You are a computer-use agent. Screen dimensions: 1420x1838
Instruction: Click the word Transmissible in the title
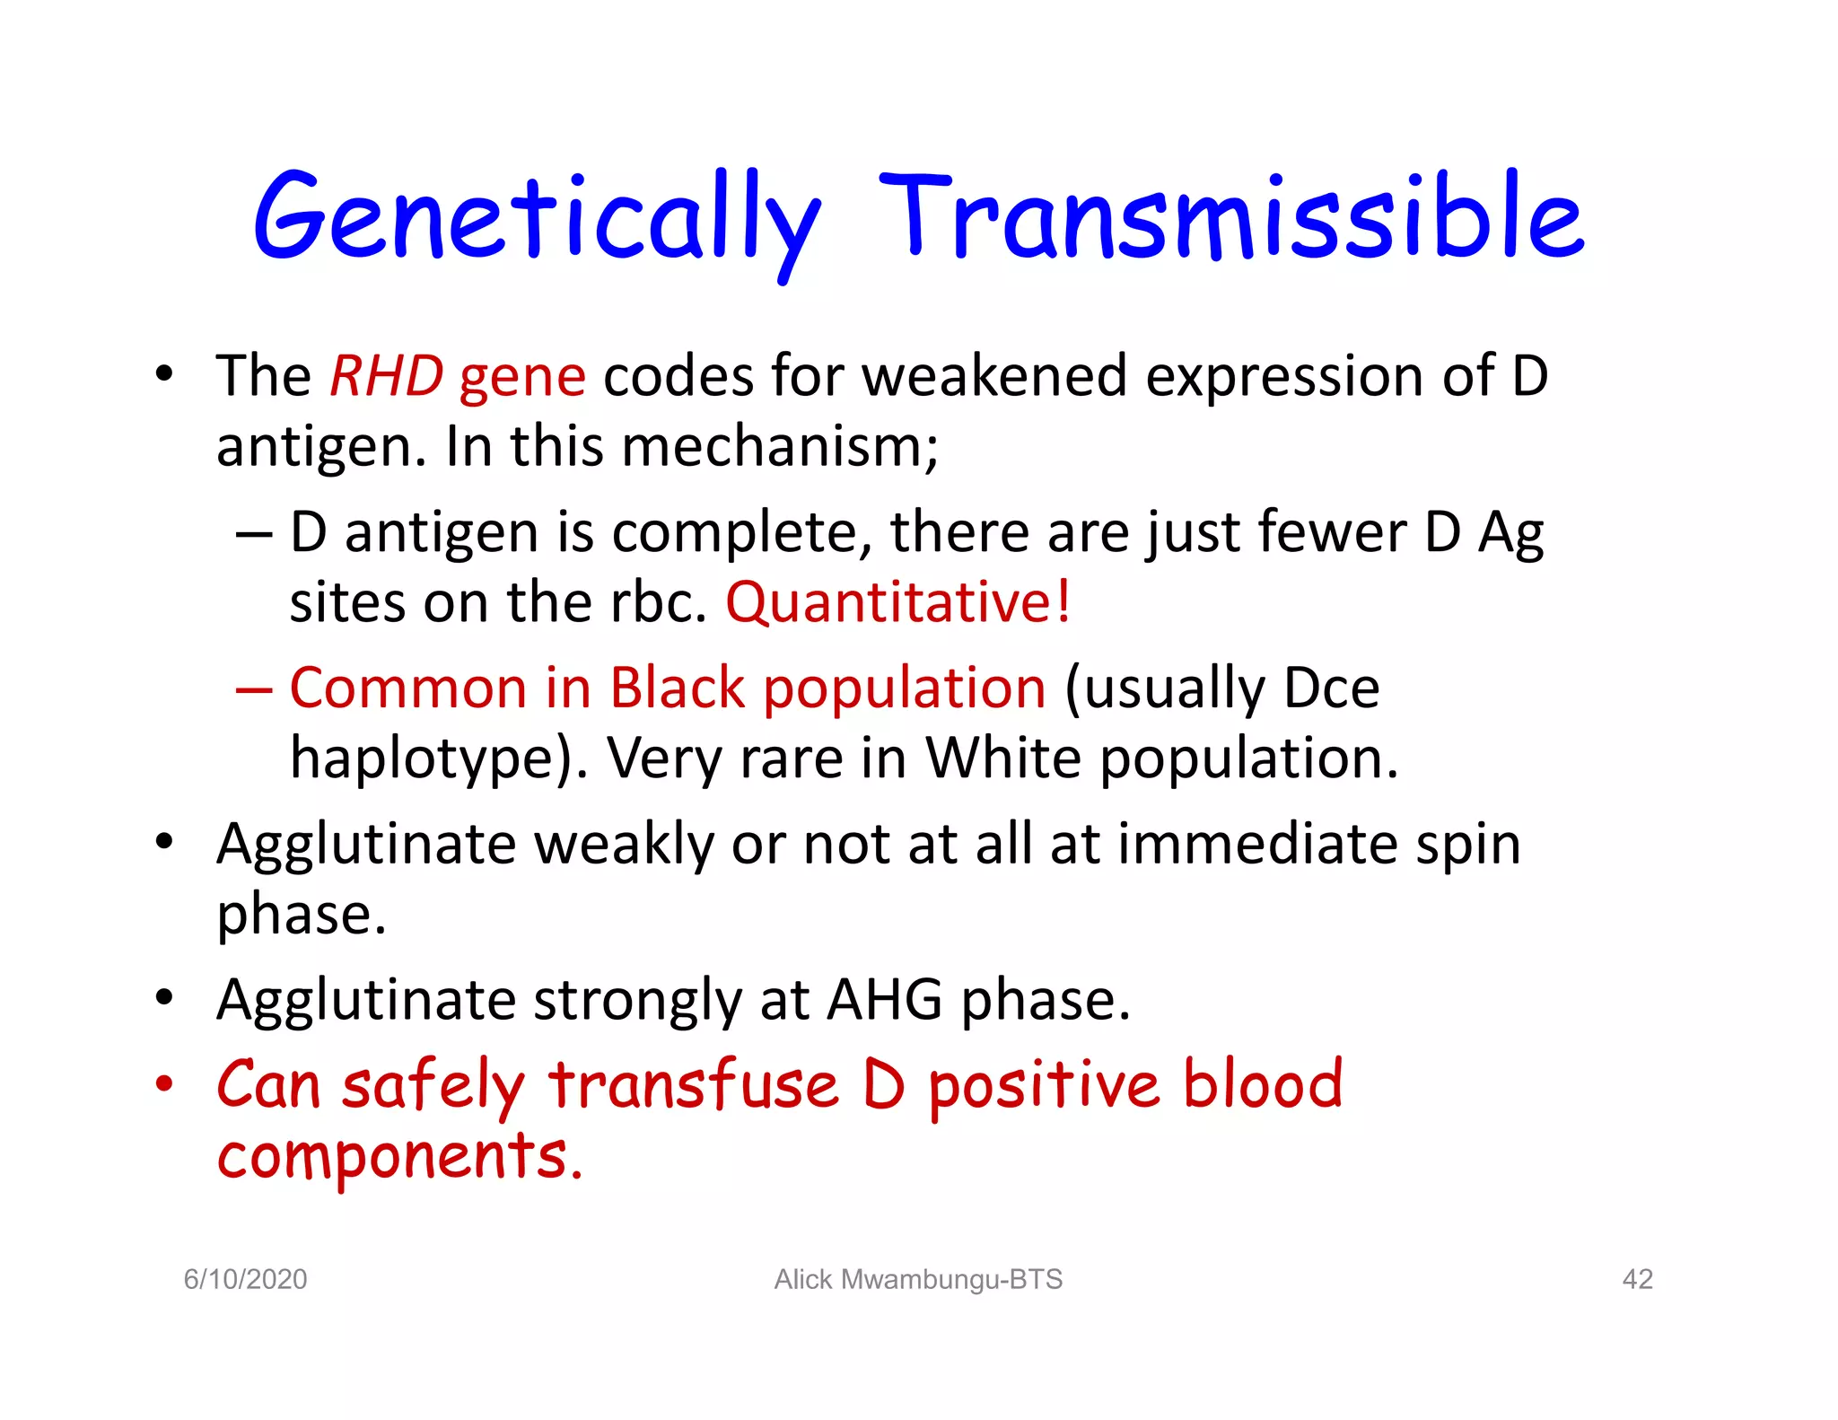point(1231,217)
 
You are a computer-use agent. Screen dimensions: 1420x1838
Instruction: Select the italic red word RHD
point(386,376)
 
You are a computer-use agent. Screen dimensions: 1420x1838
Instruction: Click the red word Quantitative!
point(897,602)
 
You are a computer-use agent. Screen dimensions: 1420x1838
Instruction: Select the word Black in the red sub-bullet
point(678,688)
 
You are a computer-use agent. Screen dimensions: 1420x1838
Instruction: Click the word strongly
point(637,1002)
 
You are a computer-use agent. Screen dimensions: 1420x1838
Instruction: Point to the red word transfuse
point(693,1085)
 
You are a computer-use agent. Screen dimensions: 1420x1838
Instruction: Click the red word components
point(398,1157)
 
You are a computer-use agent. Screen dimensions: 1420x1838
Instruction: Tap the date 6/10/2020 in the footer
point(245,1279)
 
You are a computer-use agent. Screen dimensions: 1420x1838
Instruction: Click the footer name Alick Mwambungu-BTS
point(918,1279)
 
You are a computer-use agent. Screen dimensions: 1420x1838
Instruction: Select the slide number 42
point(1637,1279)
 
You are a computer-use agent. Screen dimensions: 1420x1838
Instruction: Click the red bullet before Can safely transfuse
point(163,1084)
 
